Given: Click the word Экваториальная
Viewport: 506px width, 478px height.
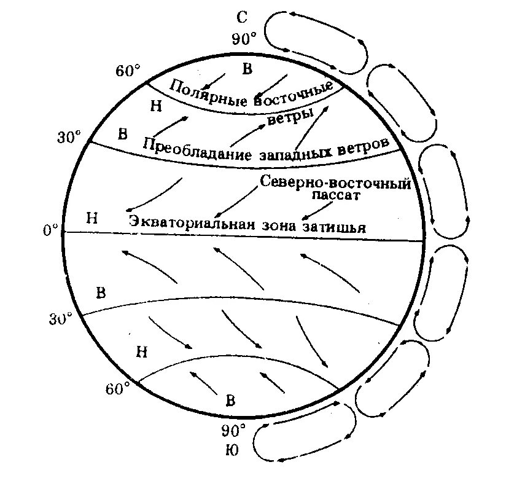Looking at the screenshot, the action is coord(192,222).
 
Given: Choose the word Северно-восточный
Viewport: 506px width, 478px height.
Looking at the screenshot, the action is coord(335,182).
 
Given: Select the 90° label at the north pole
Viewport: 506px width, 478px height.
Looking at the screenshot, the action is coord(244,40).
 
